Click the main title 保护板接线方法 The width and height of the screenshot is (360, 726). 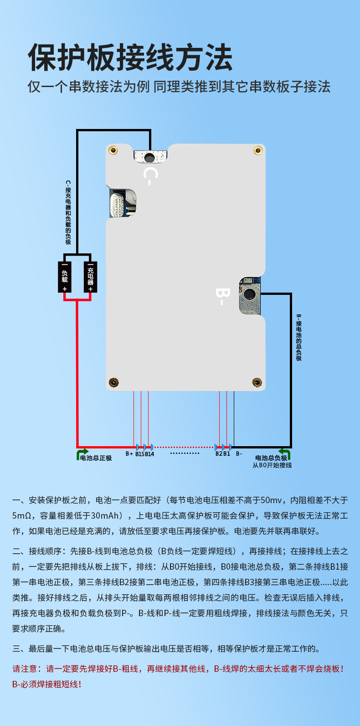tap(130, 58)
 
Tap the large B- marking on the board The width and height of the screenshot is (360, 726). tap(221, 296)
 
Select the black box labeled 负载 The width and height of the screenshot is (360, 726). tap(65, 277)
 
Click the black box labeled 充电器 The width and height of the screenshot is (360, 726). tap(90, 277)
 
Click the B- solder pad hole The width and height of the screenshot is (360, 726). tap(249, 294)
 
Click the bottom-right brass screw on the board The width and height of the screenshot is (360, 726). tap(257, 382)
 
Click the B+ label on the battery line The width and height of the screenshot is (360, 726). tap(129, 454)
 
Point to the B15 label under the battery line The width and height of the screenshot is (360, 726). tap(139, 454)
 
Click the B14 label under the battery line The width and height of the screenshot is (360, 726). tap(149, 454)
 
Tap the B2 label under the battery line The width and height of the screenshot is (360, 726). tap(219, 454)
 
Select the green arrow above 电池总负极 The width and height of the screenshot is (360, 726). tap(285, 453)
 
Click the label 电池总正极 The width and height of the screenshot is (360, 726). tap(96, 458)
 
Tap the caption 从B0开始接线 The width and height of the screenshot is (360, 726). tap(272, 465)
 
